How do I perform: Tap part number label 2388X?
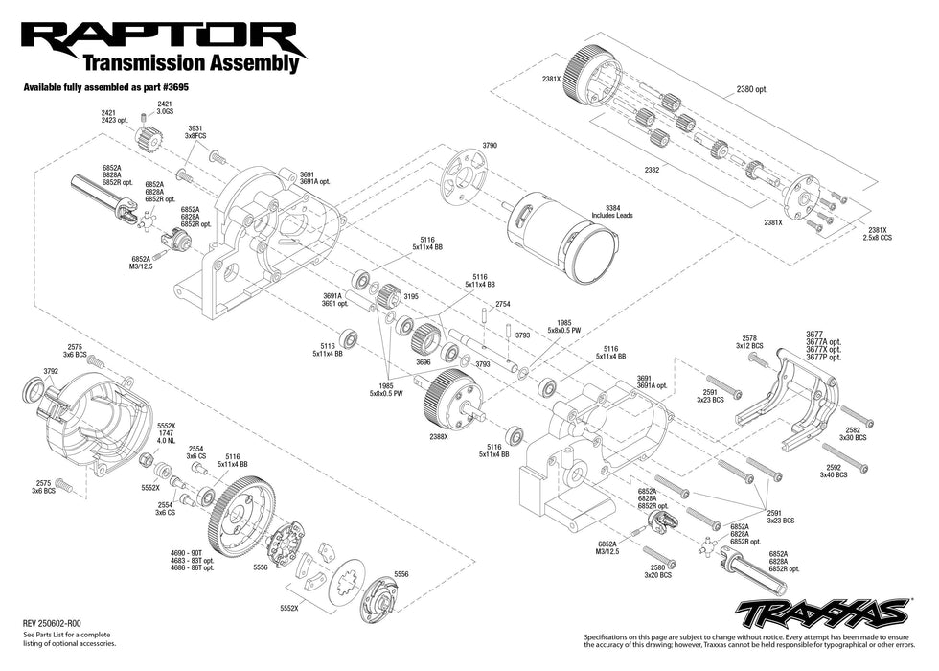pos(440,436)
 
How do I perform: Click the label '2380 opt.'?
pos(752,89)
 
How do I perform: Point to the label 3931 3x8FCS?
pos(195,133)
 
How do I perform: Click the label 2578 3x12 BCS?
pos(749,342)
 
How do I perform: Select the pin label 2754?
pos(503,304)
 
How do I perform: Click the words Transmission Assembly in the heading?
pos(192,63)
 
